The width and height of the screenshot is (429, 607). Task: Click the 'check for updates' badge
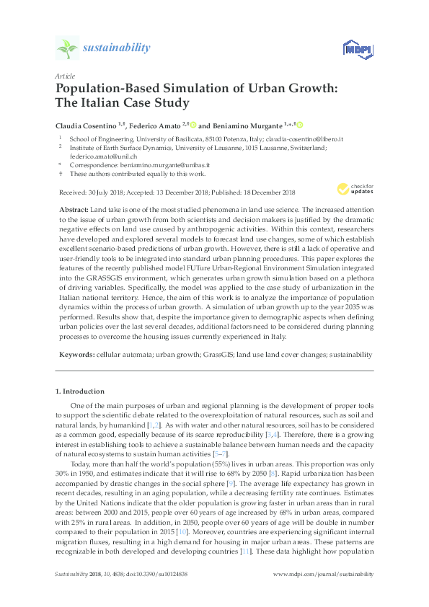(x=353, y=190)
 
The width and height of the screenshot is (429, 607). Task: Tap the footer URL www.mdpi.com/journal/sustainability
(x=324, y=594)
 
